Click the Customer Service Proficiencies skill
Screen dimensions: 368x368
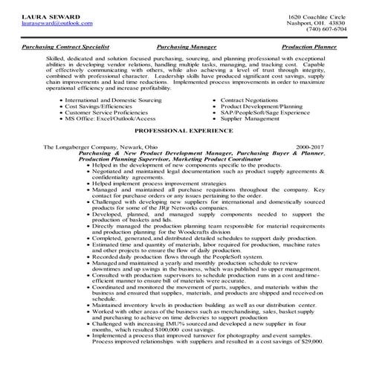(107, 112)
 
